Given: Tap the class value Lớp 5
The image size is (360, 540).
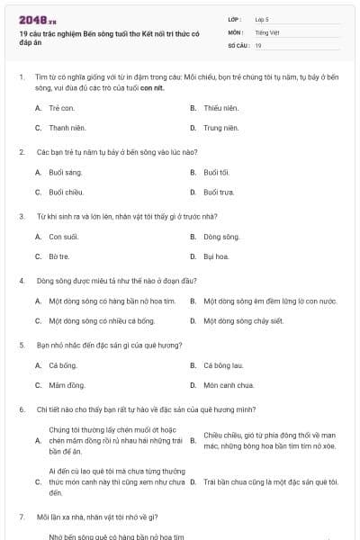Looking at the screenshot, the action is click(x=261, y=18).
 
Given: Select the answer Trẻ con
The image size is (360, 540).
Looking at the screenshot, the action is click(x=60, y=107).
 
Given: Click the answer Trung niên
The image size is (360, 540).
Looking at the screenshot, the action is click(x=220, y=128).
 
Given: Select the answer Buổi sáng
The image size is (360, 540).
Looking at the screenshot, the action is click(x=65, y=171).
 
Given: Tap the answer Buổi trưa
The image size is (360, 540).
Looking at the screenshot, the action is click(x=219, y=192).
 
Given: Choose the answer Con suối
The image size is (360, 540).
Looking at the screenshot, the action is click(x=63, y=236).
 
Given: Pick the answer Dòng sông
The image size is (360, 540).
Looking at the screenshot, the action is click(x=221, y=236).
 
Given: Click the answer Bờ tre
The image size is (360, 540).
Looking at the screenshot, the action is click(x=59, y=256).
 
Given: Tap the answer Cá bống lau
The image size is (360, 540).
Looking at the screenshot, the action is click(x=224, y=365).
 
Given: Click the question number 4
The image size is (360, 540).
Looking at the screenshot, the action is click(x=22, y=281).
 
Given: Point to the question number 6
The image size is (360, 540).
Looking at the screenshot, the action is click(x=22, y=409).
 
